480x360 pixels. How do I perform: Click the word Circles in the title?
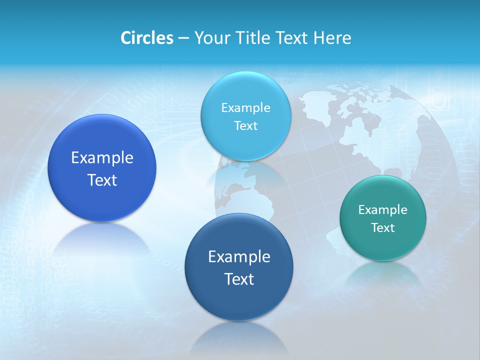click(147, 38)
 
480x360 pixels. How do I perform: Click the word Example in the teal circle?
click(383, 210)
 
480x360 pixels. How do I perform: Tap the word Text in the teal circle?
click(383, 228)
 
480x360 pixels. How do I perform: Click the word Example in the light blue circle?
click(245, 108)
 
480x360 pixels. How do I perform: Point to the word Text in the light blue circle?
click(245, 126)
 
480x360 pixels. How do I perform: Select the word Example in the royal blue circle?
click(102, 158)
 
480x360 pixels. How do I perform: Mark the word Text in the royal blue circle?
click(102, 180)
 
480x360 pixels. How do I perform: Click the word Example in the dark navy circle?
click(239, 257)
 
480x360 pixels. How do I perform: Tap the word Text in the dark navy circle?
click(239, 279)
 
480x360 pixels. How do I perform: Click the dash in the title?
click(183, 38)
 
